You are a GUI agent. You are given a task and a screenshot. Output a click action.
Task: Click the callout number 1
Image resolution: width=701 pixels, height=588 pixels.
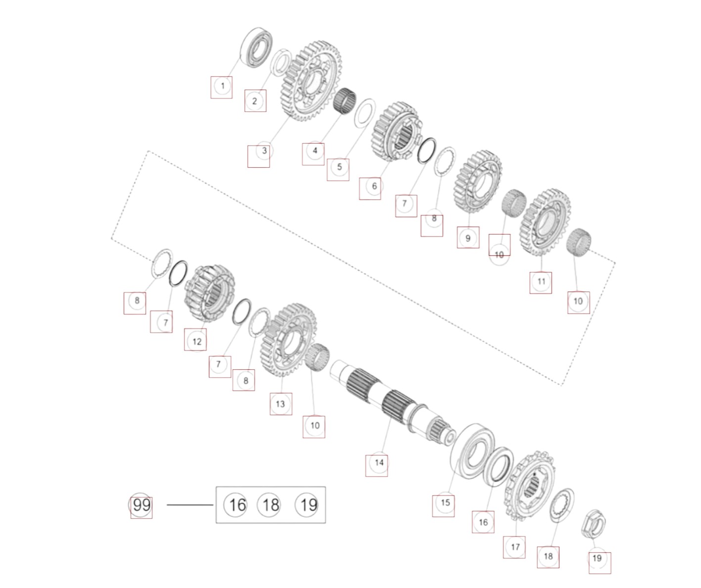point(222,86)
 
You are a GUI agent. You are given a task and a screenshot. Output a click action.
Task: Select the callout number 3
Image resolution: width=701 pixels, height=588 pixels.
point(265,151)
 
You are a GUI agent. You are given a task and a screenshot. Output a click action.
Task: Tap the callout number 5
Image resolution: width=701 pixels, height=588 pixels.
point(339,167)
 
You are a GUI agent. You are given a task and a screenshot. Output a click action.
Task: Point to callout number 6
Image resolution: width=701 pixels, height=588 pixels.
point(374,186)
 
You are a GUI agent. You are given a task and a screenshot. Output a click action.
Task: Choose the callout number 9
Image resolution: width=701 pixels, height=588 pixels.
point(468,239)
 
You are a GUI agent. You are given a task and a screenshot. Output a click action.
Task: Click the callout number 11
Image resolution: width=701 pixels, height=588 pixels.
point(541,281)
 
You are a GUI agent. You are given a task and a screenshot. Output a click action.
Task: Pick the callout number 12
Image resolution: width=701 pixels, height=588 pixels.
point(197,342)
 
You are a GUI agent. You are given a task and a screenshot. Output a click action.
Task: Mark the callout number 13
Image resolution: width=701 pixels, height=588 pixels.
point(280,404)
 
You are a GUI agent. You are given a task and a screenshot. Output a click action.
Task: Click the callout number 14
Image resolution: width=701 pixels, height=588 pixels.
point(379,463)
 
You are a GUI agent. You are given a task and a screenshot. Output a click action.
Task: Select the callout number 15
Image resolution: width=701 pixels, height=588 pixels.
point(445,503)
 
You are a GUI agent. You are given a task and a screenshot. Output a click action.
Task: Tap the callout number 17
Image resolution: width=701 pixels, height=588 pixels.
point(515,547)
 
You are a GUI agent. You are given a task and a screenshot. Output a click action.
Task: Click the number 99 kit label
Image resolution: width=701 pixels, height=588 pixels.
point(141,505)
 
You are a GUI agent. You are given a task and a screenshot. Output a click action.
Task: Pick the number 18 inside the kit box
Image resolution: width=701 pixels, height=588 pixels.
point(271,505)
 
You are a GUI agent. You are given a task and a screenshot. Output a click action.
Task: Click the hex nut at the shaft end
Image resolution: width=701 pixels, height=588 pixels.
point(594,524)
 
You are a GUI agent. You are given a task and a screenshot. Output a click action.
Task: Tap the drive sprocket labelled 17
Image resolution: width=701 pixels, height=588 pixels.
point(529,486)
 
